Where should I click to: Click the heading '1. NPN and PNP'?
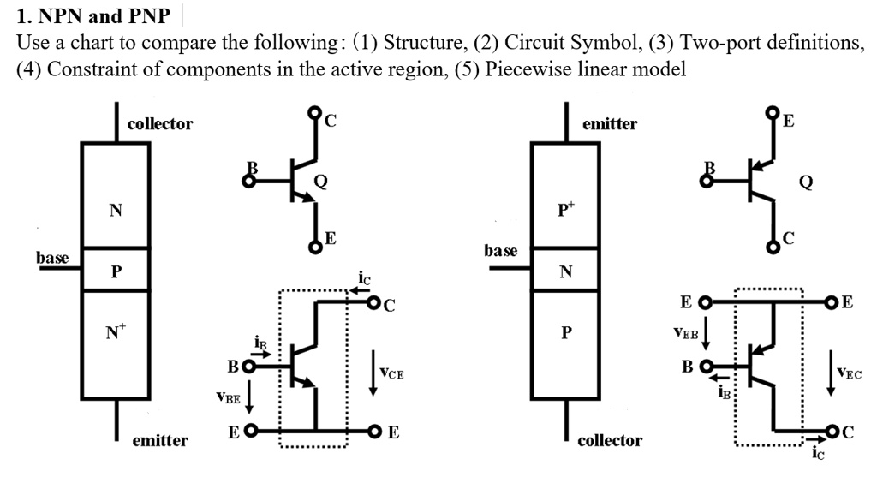[x=93, y=15]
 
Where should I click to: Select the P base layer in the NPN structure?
[x=116, y=272]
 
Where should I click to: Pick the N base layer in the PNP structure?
[x=565, y=272]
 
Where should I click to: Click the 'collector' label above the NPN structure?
[x=160, y=124]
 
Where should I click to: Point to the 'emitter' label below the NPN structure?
[x=160, y=441]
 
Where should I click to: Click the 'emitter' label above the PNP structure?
[x=610, y=124]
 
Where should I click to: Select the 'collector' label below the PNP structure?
[x=610, y=441]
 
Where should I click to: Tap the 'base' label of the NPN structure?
[x=52, y=257]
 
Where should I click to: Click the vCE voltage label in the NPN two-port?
[x=391, y=373]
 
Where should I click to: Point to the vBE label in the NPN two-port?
[x=229, y=397]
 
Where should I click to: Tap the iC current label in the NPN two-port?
[x=364, y=278]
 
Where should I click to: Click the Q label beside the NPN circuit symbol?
[x=321, y=181]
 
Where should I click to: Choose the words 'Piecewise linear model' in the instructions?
[x=585, y=69]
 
